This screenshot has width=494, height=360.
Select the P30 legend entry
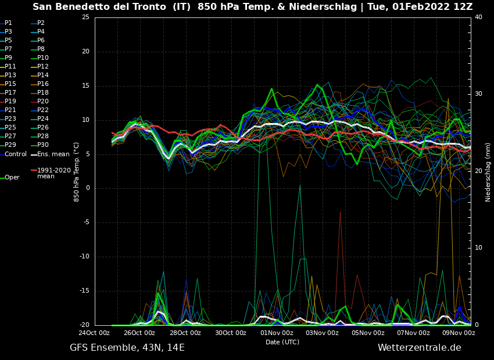click(x=43, y=145)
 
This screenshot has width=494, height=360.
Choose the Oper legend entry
click(x=12, y=178)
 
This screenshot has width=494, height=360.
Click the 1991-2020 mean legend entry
click(x=53, y=173)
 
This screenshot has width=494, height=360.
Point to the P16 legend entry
click(x=43, y=84)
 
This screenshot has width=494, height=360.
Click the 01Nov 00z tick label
click(x=277, y=333)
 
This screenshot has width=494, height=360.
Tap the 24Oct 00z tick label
click(x=94, y=333)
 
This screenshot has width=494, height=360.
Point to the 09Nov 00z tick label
click(x=459, y=333)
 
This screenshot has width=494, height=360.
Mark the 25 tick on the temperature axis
click(x=85, y=17)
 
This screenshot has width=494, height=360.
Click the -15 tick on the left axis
click(x=84, y=291)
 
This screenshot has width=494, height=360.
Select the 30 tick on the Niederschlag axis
click(x=478, y=93)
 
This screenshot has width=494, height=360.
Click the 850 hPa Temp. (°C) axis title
click(x=77, y=172)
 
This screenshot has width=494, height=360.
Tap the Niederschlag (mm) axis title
click(x=488, y=172)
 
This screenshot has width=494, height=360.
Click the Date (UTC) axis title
click(x=282, y=343)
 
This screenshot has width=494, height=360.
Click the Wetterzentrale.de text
click(x=419, y=348)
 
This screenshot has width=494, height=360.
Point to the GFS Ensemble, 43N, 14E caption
click(x=127, y=348)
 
